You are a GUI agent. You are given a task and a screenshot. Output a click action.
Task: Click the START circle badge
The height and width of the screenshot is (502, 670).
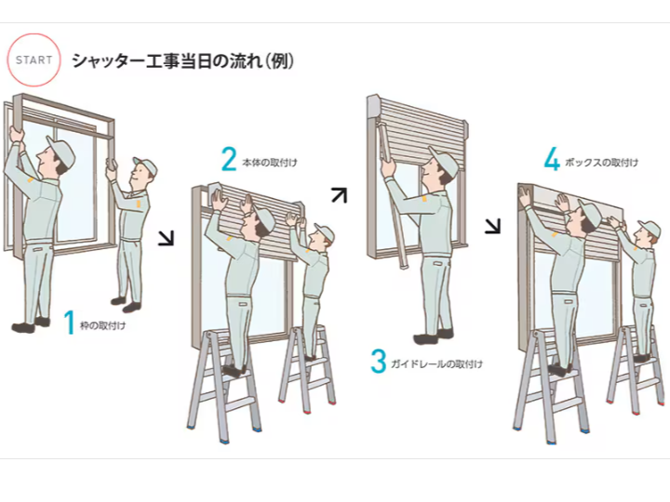33,60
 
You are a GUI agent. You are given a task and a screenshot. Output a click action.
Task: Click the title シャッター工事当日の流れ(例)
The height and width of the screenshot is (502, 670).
183,61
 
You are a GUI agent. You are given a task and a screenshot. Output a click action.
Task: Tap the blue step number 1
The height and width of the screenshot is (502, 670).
69,323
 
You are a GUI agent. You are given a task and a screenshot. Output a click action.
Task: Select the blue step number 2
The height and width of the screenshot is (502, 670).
229,160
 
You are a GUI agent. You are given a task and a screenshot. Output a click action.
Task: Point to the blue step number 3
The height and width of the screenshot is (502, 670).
378,362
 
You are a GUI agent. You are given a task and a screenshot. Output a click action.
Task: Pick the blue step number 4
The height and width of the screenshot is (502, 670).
552,161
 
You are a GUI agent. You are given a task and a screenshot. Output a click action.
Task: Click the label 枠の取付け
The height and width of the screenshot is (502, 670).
103,326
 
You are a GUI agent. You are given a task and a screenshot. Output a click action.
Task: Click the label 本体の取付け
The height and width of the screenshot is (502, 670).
270,163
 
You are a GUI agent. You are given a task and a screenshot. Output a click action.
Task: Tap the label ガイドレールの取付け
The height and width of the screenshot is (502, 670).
438,364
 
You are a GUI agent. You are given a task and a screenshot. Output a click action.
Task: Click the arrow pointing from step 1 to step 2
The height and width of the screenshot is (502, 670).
166,239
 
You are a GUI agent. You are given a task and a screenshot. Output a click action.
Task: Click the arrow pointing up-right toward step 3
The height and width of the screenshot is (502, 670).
340,194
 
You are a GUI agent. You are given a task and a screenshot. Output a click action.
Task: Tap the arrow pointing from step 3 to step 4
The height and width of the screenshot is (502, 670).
492,226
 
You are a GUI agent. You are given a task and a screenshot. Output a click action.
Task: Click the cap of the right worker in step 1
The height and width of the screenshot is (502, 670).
144,167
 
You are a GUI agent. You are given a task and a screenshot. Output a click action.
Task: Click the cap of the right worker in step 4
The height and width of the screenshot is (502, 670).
648,229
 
